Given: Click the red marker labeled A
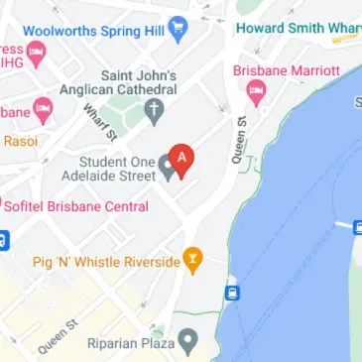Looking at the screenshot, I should (181, 158).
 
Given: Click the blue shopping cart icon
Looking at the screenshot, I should (178, 26).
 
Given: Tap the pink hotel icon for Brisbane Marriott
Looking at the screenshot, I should (257, 94).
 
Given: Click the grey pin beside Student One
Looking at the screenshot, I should (169, 170).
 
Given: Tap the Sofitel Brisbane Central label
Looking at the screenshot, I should (76, 206).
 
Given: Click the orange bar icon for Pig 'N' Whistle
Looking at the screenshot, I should (194, 261).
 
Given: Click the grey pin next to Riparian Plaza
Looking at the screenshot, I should (186, 343).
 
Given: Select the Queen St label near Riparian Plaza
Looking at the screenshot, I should (58, 337).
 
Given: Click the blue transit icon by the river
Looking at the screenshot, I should (233, 292).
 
